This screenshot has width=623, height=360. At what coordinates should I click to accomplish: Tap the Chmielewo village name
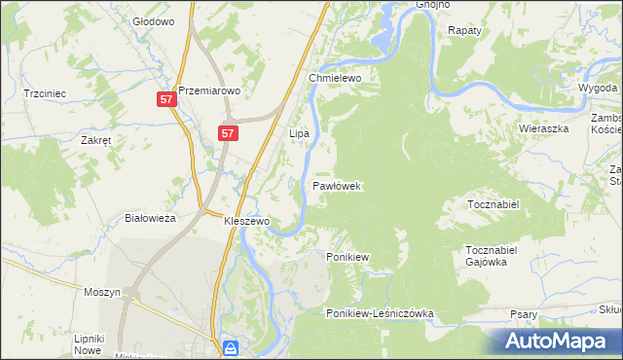(335, 78)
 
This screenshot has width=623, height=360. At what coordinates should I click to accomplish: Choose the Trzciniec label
(45, 93)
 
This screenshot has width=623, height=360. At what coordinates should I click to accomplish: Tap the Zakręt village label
(96, 140)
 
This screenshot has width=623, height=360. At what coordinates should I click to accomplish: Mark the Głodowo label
(153, 20)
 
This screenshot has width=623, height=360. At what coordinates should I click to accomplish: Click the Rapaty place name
(464, 31)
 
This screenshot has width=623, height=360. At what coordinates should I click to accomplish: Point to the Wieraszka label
(543, 127)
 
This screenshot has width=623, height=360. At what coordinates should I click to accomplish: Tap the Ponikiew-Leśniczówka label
(380, 313)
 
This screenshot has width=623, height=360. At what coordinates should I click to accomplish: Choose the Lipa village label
(299, 132)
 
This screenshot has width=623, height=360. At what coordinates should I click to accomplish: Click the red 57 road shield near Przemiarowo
(166, 99)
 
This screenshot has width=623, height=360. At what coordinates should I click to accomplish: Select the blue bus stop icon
(231, 346)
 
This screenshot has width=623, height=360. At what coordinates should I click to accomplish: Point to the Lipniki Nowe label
(89, 344)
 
